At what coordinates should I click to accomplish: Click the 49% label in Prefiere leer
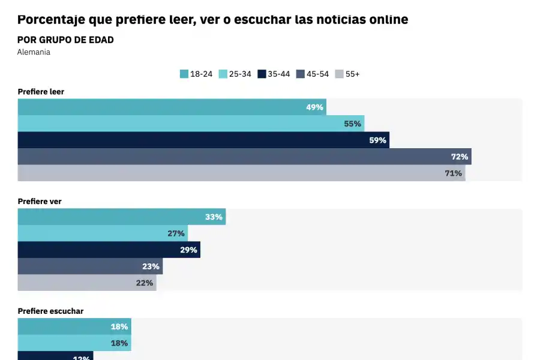(315, 107)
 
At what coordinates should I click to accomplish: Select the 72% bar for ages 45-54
(240, 157)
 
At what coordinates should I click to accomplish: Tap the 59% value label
(377, 140)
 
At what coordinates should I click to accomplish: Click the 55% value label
(352, 124)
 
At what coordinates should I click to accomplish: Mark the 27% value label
(176, 233)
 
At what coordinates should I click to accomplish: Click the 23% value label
(151, 266)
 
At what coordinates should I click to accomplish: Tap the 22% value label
(145, 283)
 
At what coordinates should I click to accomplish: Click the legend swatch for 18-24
(184, 74)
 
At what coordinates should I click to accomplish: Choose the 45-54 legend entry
(313, 74)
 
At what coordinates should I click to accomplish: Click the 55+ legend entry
(347, 74)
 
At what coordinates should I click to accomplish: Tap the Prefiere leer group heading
(41, 92)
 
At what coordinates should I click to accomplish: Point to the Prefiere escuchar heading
(50, 311)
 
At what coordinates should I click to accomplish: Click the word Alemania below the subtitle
(34, 52)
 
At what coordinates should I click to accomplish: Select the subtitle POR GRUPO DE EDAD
(65, 40)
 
